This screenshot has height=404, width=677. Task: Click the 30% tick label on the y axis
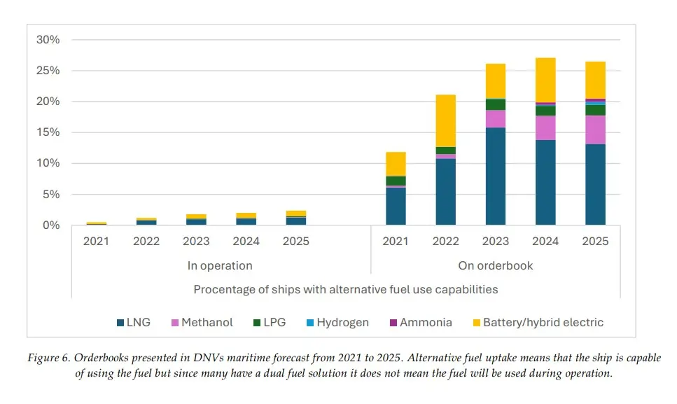[48, 40]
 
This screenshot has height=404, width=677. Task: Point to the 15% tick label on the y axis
[48, 132]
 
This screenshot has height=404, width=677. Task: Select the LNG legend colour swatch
[120, 323]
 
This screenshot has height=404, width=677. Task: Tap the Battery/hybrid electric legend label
[543, 323]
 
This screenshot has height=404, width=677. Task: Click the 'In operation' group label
[220, 266]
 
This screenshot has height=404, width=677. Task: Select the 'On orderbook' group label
[495, 266]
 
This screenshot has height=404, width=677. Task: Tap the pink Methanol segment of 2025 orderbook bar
[596, 130]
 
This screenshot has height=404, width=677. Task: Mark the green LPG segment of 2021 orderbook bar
[396, 181]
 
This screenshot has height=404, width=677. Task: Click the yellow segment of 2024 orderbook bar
[545, 80]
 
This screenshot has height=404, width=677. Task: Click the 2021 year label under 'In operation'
[96, 242]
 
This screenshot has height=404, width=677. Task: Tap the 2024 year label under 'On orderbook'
[545, 242]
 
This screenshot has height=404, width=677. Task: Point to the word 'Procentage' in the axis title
[225, 289]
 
